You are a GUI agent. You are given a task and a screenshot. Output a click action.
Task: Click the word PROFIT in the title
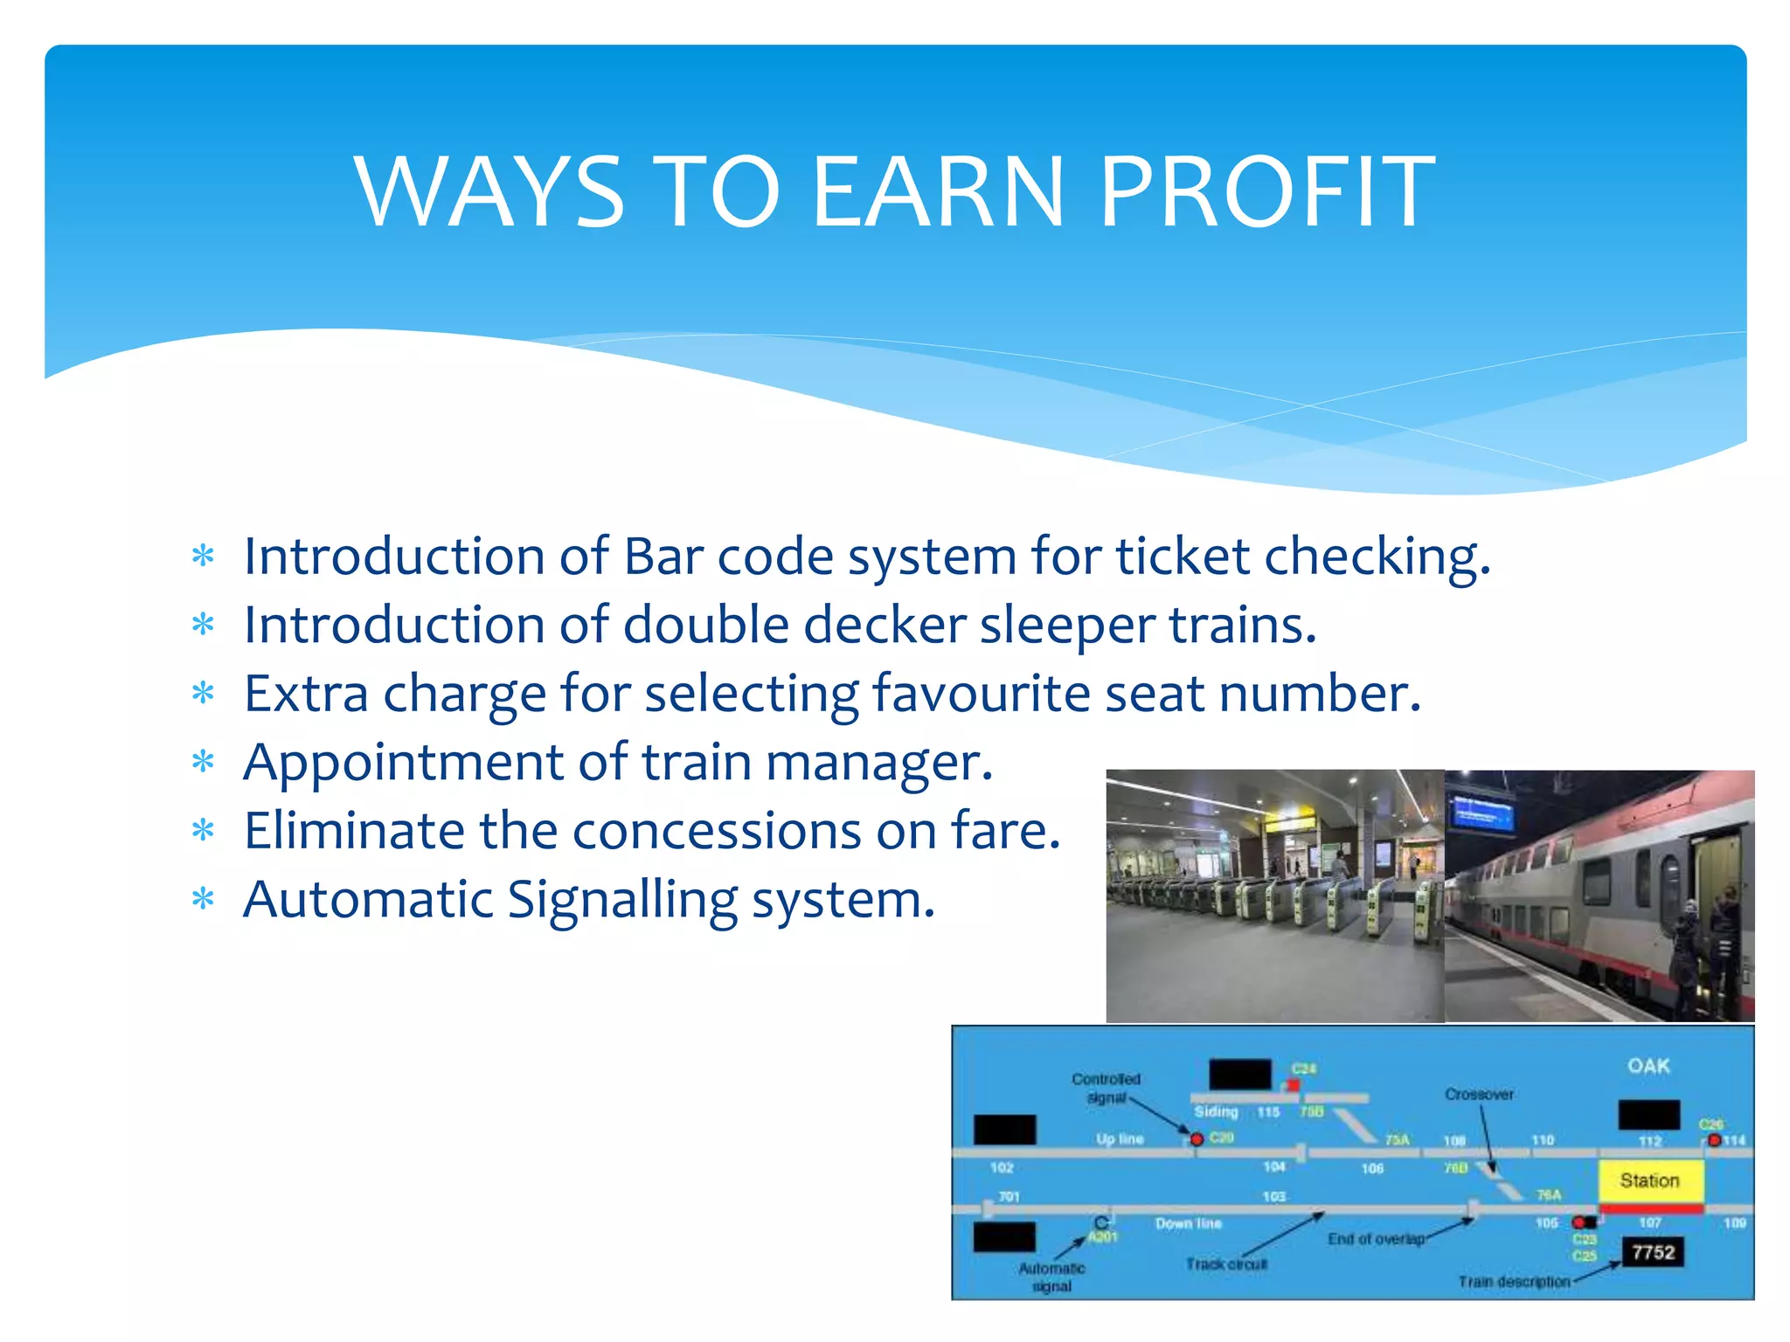tap(1266, 192)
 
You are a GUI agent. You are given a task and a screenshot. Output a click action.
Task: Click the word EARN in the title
tap(938, 192)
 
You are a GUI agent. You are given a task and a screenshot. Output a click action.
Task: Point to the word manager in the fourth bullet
tap(878, 763)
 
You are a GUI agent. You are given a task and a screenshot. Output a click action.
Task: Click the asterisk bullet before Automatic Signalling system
tap(203, 900)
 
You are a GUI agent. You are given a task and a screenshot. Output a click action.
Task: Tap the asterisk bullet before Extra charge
tap(203, 694)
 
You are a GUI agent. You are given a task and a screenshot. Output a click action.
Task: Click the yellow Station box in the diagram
tap(1650, 1181)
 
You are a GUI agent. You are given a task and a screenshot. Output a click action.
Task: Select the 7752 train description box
tap(1653, 1252)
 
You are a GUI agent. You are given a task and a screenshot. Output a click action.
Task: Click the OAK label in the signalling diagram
tap(1648, 1066)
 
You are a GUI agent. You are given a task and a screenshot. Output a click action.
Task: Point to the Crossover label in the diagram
tap(1479, 1094)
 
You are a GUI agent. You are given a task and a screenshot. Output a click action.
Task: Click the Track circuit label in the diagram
tap(1226, 1264)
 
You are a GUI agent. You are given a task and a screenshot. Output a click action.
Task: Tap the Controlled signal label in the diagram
tap(1106, 1088)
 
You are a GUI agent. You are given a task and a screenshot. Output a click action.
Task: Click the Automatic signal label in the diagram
tap(1051, 1276)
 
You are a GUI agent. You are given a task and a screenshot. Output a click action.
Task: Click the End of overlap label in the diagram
tap(1376, 1239)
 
